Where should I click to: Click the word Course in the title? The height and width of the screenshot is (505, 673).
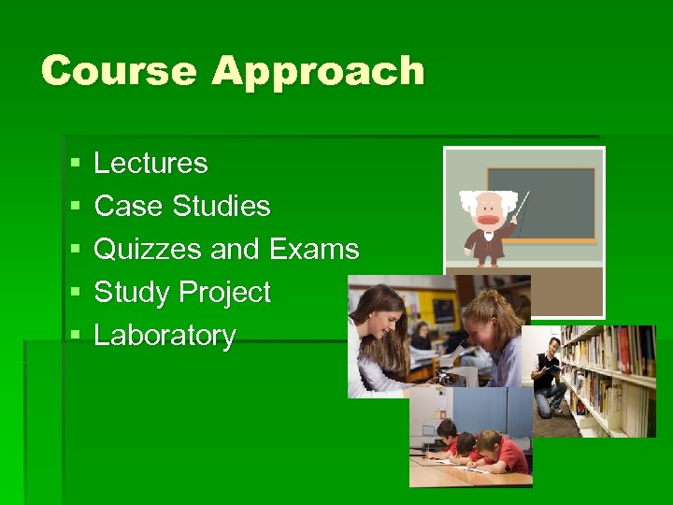coord(119,71)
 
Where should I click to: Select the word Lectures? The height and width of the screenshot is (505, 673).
coord(150,164)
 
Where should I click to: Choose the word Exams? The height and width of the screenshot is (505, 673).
coord(314,250)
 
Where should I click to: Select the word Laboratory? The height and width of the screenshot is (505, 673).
coord(165,336)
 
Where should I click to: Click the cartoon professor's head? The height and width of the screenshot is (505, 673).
coord(485,210)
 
